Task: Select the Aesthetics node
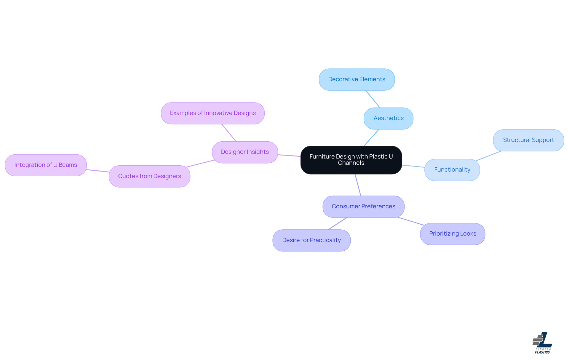(388, 118)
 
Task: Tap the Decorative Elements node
(357, 79)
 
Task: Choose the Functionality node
(452, 170)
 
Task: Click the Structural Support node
(528, 140)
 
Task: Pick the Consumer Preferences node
(363, 207)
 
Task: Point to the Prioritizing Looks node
(453, 234)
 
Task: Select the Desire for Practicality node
(311, 240)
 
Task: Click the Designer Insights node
(245, 152)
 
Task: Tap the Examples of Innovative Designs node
(212, 113)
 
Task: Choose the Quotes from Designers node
(149, 176)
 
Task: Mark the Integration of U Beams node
(46, 165)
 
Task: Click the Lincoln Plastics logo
(542, 343)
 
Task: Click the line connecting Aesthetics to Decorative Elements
(373, 99)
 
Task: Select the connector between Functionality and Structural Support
(488, 156)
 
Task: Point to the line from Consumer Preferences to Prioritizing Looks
(411, 221)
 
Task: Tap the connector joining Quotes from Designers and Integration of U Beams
(98, 171)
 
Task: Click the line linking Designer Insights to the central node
(289, 156)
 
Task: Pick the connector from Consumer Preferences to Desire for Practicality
(338, 223)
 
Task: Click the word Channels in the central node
(351, 163)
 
